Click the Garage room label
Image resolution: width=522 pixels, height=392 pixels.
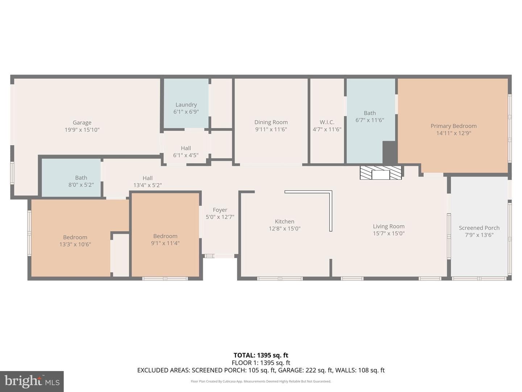(x=82, y=123)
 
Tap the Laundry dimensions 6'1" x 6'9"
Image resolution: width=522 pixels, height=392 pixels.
(x=186, y=112)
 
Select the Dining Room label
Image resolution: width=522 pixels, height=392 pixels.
(x=271, y=122)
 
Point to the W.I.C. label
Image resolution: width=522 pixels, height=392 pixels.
(x=327, y=122)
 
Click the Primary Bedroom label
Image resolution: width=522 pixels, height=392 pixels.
(x=453, y=126)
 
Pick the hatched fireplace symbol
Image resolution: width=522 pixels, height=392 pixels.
(x=381, y=172)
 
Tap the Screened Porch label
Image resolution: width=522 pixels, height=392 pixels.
(x=479, y=228)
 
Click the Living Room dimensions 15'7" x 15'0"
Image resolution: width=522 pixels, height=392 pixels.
(x=389, y=233)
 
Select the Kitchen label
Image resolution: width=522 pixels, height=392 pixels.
(x=285, y=221)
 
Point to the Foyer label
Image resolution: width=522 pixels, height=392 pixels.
(x=220, y=210)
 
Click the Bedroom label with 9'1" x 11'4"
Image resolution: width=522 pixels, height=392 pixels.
(x=165, y=236)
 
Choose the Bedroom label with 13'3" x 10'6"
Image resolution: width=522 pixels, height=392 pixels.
(x=75, y=237)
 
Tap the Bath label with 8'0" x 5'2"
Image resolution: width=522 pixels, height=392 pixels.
(x=81, y=178)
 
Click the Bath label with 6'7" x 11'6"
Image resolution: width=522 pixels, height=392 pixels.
(x=370, y=113)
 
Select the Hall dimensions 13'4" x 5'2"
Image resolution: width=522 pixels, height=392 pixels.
(x=148, y=185)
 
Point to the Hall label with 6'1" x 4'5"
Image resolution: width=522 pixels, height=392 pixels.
(x=186, y=148)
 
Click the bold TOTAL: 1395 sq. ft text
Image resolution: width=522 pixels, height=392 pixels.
(x=261, y=355)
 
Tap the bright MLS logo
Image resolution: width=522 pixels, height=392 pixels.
(x=32, y=381)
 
